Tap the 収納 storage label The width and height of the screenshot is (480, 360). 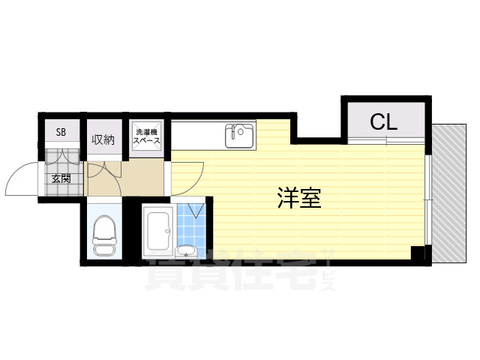point(103,139)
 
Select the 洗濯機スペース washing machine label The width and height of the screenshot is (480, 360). point(146,136)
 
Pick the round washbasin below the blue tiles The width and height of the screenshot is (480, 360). point(186,250)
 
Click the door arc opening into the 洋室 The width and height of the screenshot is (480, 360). point(187,178)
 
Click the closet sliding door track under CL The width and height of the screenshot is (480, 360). point(386,141)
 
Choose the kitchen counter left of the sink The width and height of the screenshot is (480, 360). point(196,137)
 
